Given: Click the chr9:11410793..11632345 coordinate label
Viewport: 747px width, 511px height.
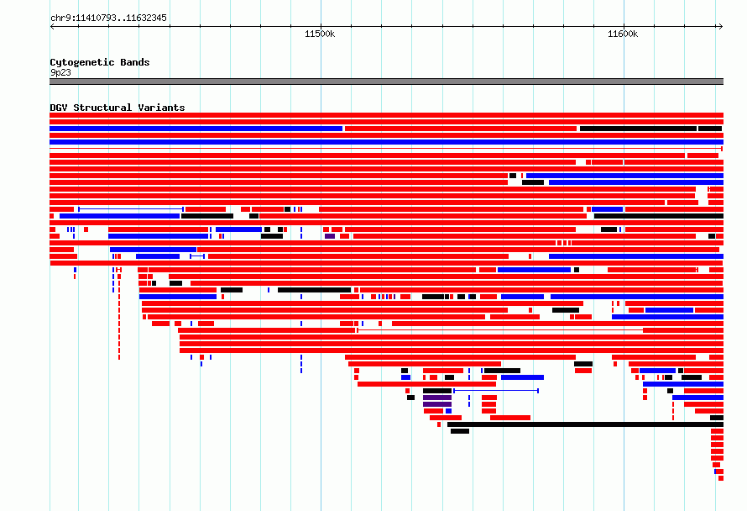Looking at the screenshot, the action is pos(108,18).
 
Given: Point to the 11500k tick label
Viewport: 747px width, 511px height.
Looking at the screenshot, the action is pos(320,34).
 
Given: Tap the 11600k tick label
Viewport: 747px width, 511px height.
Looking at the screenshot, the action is pos(623,34).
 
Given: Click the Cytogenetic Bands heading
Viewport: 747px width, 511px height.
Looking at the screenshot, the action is pos(100,62).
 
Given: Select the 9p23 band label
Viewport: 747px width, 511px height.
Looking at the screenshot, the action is pos(60,72).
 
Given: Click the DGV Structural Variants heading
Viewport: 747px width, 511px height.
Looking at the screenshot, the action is pos(118,108).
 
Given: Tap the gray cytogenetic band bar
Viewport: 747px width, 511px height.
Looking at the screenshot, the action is pos(386,82).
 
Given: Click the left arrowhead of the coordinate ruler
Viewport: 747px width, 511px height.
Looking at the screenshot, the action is pos(52,27).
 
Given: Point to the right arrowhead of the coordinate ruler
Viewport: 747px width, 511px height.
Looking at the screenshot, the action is pos(721,27).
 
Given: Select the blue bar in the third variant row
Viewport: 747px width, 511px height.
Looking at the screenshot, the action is pos(196,129).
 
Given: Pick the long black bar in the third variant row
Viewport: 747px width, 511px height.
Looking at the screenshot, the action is pos(638,129).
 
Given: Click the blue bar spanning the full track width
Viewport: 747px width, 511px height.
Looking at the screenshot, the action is pos(386,142).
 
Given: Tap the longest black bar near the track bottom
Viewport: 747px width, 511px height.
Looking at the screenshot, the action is pos(585,424).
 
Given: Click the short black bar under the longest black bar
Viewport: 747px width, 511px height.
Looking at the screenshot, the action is pos(460,431).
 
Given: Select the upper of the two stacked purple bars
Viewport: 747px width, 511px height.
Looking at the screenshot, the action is pos(436,398).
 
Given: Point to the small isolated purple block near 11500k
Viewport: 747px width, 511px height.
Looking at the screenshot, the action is pos(330,236).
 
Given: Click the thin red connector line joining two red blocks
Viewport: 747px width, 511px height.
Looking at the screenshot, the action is pos(499,329).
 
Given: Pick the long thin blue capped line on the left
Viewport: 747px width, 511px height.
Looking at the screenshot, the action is pos(131,209).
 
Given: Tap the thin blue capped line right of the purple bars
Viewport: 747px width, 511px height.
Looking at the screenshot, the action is pos(496,391).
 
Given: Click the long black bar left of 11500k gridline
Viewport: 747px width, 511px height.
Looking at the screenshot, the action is pos(314,290).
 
